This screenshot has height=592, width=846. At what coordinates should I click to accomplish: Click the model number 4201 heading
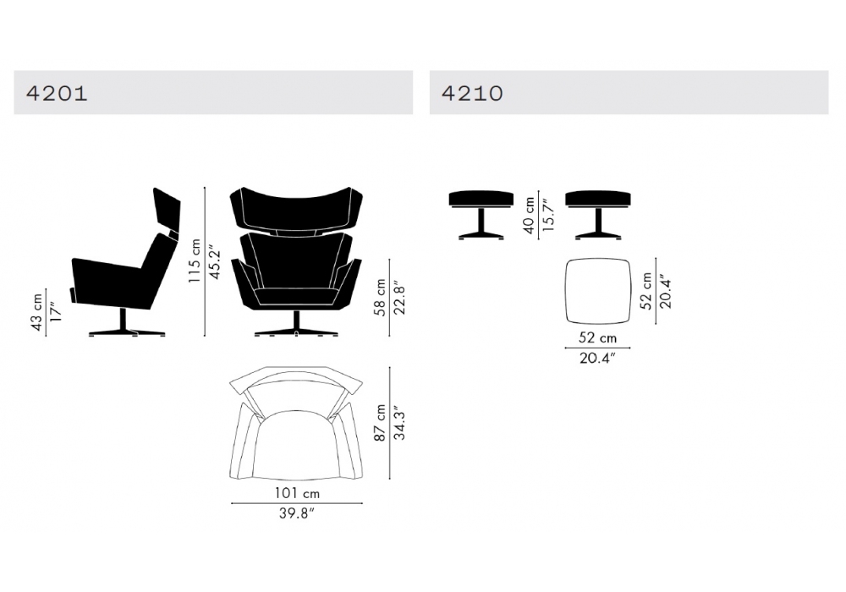click(x=57, y=93)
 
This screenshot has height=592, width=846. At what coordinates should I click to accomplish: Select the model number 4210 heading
click(x=472, y=93)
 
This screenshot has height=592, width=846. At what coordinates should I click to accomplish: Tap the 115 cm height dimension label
click(x=195, y=260)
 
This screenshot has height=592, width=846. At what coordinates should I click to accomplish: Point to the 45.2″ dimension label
click(x=215, y=262)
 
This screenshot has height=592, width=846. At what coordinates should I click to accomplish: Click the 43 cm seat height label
click(x=36, y=312)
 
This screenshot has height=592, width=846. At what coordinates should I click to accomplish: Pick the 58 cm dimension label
click(x=380, y=297)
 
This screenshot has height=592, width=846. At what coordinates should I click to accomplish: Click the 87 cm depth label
click(x=380, y=423)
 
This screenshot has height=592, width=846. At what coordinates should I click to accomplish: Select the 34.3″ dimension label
click(x=400, y=423)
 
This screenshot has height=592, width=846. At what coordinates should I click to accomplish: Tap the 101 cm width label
click(x=297, y=493)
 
